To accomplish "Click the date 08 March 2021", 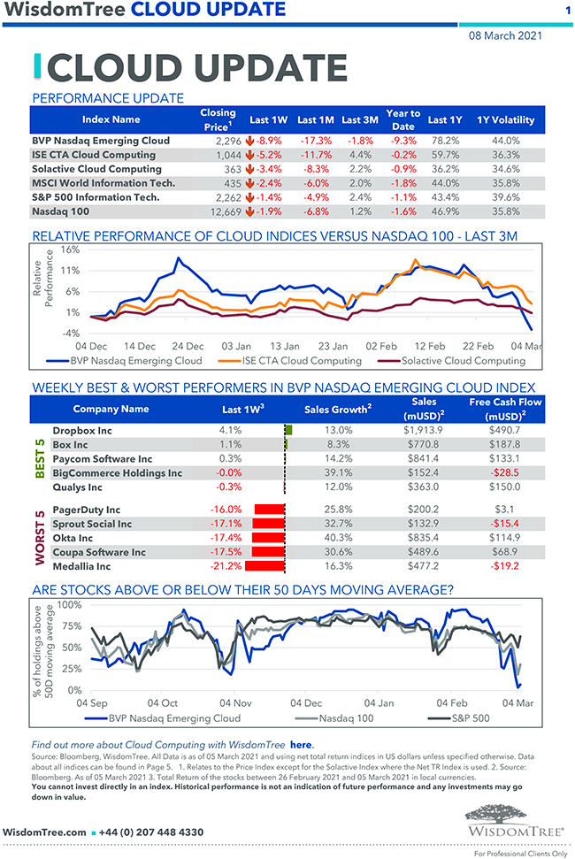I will tap(505, 36).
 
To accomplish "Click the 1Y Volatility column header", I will tap(505, 119).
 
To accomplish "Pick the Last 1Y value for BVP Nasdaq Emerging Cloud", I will tap(444, 141).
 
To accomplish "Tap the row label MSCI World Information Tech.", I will tap(103, 182).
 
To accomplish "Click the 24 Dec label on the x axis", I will tap(188, 346).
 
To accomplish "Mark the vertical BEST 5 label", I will tap(40, 458).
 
